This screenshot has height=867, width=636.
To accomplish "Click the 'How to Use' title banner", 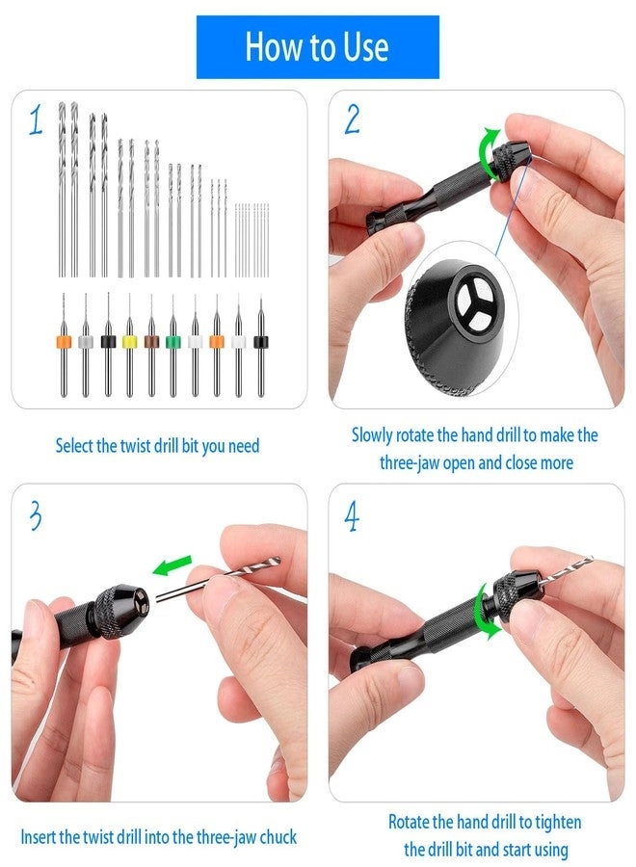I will pos(317,46).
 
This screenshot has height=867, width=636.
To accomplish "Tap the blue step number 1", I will pos(35,122).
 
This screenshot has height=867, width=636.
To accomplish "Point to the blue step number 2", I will pos(352,118).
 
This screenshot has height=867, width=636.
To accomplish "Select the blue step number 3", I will pos(35,515).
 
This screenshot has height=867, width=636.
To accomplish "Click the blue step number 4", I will pos(352,517).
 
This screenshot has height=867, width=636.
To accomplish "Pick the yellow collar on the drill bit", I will pos(129,340).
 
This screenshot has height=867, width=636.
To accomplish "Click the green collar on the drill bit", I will pos(172,340).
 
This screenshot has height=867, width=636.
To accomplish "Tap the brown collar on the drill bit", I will pos(150,340).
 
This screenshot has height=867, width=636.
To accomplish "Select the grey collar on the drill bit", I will pos(86,340).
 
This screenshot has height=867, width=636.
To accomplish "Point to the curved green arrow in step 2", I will pos(492,153).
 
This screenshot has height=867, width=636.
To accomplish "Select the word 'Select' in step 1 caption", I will pos(74,446).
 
